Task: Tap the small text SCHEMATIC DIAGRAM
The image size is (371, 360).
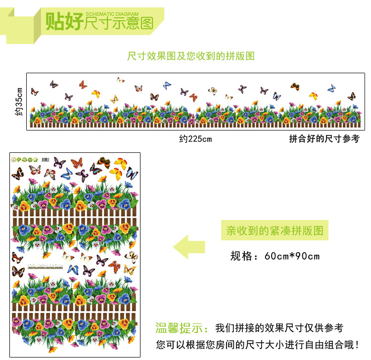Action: tap(112, 14)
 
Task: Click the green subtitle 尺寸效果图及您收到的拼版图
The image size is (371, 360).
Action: tap(191, 56)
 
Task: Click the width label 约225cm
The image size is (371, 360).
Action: tap(195, 139)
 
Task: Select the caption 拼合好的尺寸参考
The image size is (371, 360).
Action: tap(324, 139)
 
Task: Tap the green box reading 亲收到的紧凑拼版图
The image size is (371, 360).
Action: tap(275, 230)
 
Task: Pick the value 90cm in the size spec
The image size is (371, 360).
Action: tap(308, 256)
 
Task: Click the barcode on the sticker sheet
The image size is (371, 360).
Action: tap(46, 159)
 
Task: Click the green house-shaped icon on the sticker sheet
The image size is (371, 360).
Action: tap(36, 159)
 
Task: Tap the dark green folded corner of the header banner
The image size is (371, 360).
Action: tap(37, 37)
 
